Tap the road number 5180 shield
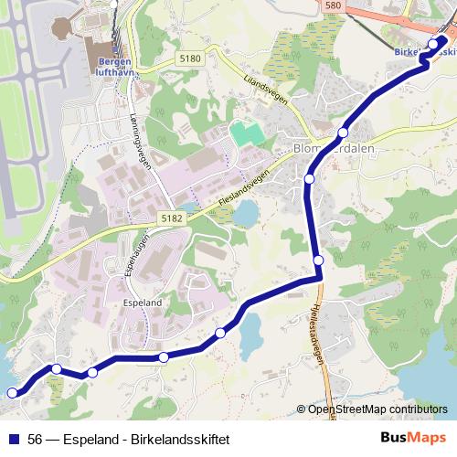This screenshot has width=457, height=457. pyautogui.click(x=190, y=58)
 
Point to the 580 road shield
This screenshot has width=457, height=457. pyautogui.click(x=332, y=5)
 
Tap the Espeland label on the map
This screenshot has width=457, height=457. pyautogui.click(x=142, y=302)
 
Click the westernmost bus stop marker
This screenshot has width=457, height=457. pyautogui.click(x=12, y=393)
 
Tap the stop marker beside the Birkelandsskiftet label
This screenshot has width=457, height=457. pyautogui.click(x=432, y=44)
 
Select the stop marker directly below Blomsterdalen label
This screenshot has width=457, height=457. pyautogui.click(x=309, y=179)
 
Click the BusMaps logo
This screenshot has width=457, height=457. pyautogui.click(x=413, y=438)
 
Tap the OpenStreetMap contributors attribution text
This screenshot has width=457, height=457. pyautogui.click(x=377, y=409)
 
